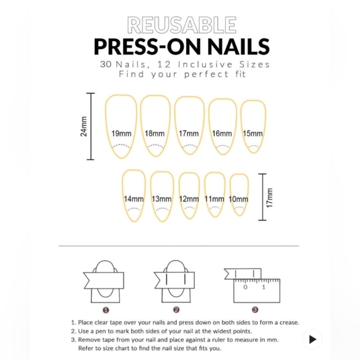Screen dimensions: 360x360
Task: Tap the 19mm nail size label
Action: point(121,133)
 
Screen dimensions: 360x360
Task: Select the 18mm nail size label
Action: point(155,133)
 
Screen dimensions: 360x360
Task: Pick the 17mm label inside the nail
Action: point(189,133)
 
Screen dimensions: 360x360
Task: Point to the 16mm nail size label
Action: point(222,133)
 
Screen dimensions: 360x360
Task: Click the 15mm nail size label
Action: point(253,133)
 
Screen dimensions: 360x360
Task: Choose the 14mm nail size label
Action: point(133,199)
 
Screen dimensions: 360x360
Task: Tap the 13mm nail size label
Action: point(161,199)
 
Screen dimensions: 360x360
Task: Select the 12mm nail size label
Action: point(189,199)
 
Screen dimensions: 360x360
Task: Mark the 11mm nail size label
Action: point(214,199)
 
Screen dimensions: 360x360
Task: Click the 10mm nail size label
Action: point(238,199)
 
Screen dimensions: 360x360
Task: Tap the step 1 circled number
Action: point(106,309)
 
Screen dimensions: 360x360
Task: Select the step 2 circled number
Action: point(176,309)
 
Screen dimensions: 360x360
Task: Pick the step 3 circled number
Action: point(255,309)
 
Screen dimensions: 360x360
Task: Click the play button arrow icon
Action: point(312,339)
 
